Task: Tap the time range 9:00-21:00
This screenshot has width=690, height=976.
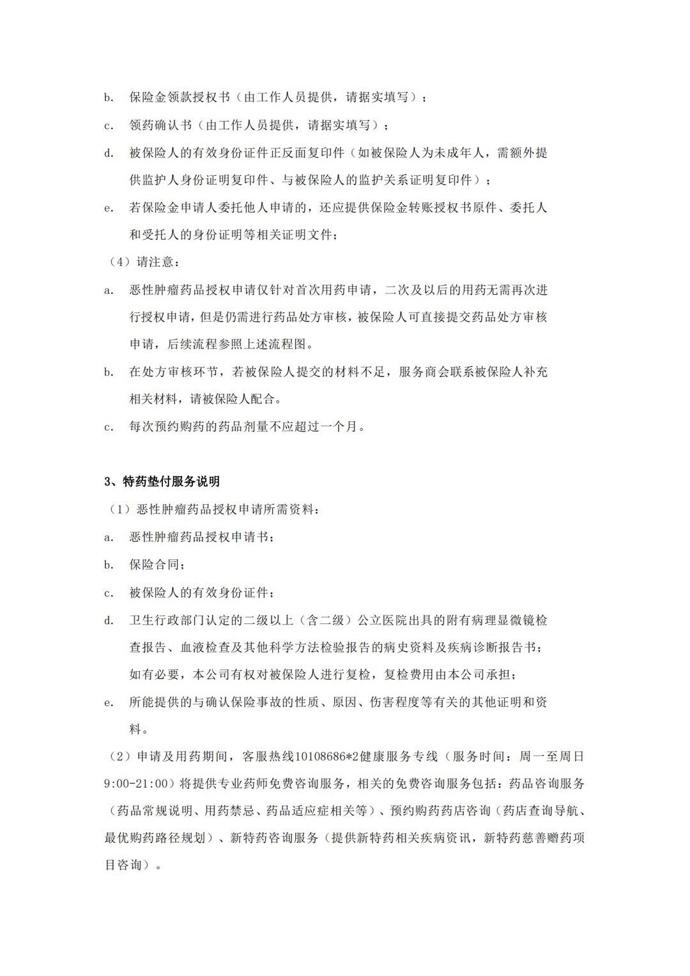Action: coord(135,784)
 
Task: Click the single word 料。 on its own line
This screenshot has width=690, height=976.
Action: coord(139,729)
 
